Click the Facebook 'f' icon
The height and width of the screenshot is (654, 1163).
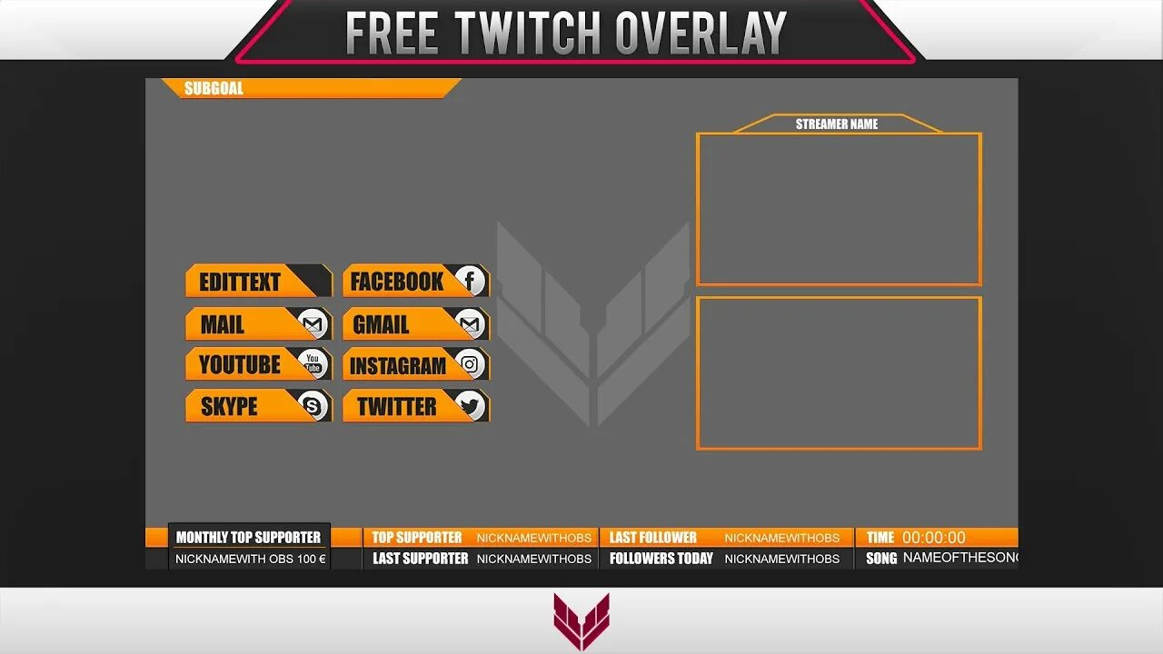470,281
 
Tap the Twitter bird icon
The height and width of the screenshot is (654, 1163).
470,406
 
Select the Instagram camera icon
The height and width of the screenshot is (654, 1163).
470,365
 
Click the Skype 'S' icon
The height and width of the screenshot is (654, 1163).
313,406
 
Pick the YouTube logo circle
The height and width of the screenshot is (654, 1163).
313,364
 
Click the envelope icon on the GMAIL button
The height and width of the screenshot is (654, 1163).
470,323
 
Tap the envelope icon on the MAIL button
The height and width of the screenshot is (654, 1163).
313,323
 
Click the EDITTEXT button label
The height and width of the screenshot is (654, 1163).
240,282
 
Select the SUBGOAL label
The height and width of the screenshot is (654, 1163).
214,88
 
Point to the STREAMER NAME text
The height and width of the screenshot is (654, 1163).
837,124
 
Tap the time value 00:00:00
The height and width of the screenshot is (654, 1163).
934,538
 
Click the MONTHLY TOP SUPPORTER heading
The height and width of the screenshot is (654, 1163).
248,538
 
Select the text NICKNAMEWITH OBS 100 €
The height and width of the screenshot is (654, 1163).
250,559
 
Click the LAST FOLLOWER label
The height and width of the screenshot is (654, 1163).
652,538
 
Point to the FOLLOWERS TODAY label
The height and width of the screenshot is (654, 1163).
661,559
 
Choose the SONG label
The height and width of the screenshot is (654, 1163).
881,559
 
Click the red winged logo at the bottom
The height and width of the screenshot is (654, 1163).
581,621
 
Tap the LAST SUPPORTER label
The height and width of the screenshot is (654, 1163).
420,559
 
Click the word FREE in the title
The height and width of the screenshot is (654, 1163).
392,34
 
